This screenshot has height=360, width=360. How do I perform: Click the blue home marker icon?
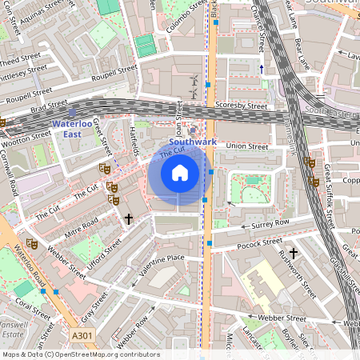(180, 173)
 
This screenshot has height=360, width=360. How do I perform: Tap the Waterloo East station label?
(72, 129)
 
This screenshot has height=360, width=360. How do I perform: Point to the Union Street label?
(246, 146)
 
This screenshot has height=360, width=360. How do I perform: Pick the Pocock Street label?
(260, 241)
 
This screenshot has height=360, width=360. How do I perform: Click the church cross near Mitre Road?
(128, 218)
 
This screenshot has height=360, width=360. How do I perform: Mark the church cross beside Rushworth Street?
(293, 253)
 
